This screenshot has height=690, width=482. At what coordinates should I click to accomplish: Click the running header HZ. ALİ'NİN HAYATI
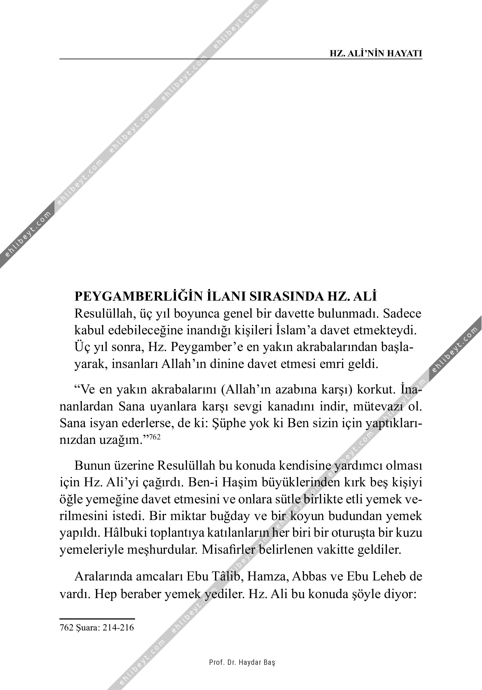376,54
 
